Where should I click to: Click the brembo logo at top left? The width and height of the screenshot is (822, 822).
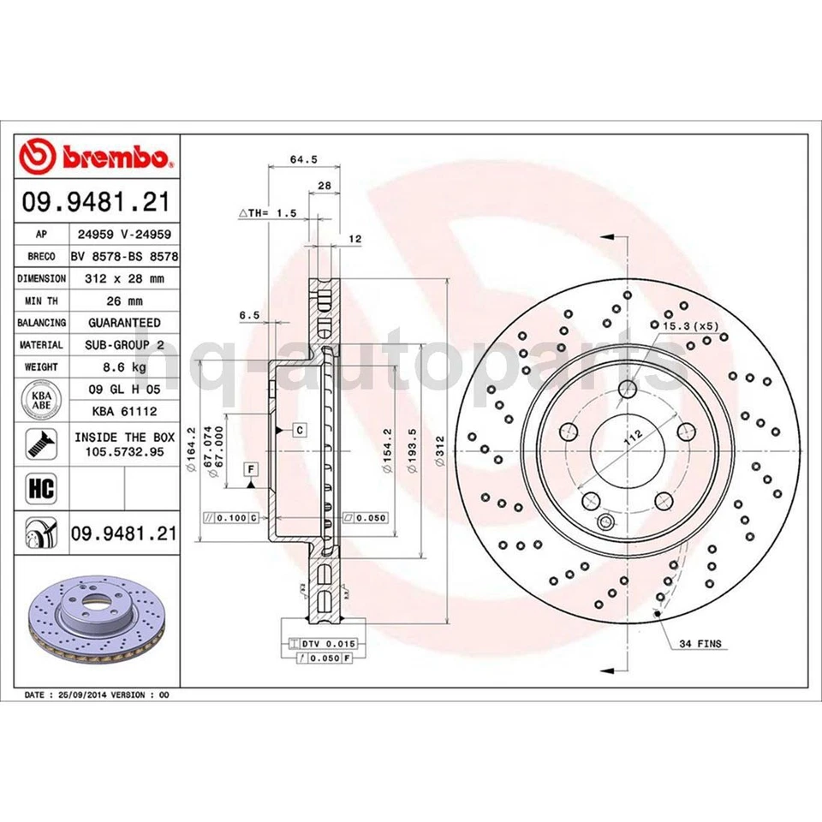(97, 158)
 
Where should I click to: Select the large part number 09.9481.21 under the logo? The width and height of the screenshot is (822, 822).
(96, 202)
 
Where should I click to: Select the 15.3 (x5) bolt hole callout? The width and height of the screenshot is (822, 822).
(688, 326)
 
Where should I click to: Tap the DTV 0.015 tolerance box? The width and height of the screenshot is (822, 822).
(324, 642)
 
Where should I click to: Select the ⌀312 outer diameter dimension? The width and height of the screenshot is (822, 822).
(438, 450)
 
